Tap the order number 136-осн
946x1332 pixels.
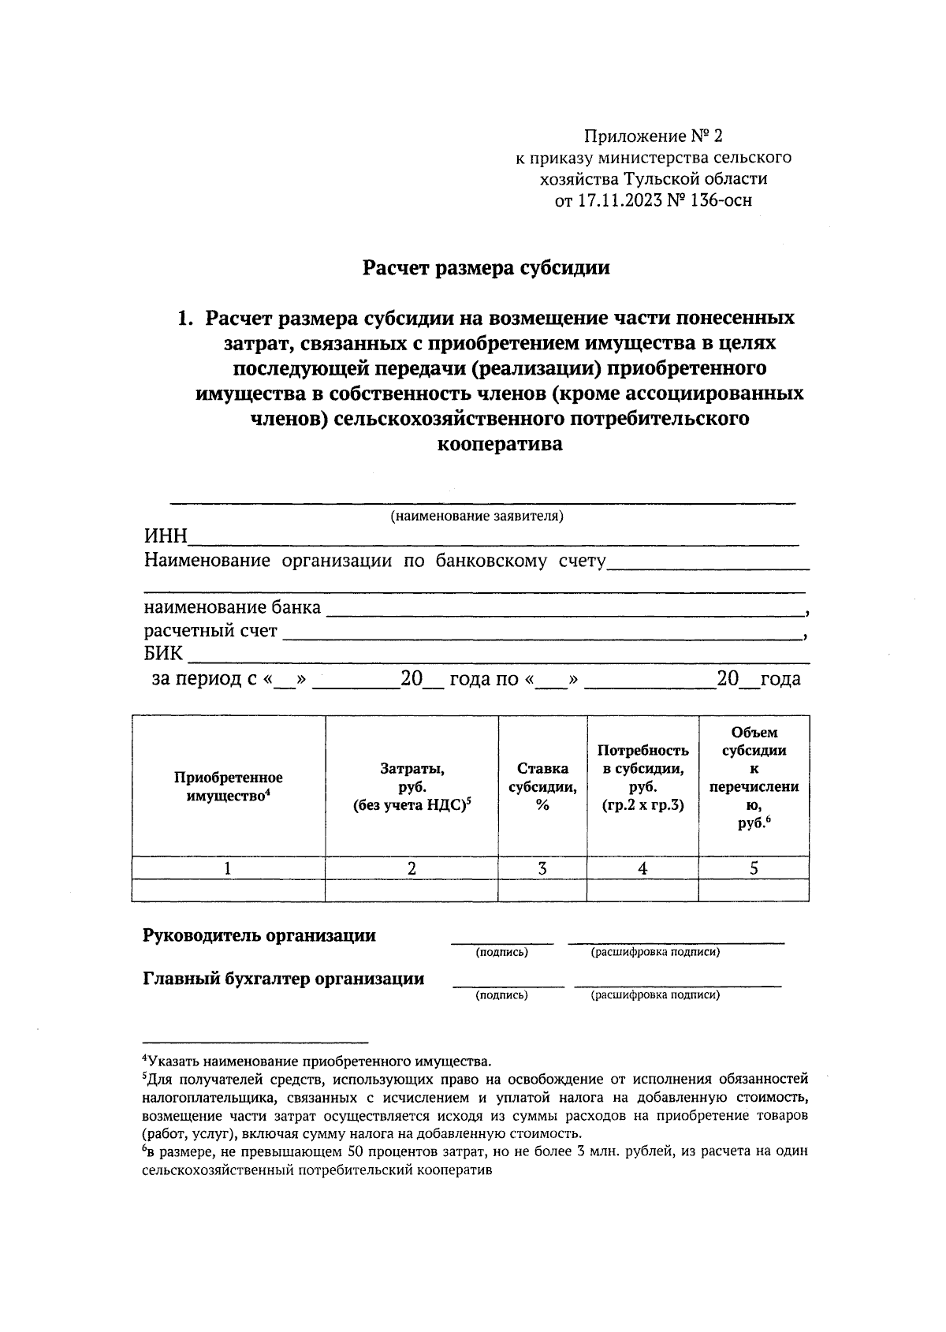(x=721, y=200)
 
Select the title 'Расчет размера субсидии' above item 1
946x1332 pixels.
(x=486, y=268)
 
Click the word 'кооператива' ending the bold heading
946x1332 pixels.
(x=500, y=444)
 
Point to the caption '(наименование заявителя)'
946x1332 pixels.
(x=477, y=517)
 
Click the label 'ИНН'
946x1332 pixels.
(x=166, y=537)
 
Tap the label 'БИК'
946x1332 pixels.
(x=163, y=654)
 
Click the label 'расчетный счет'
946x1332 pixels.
(x=210, y=631)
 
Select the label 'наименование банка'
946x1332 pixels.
(x=232, y=607)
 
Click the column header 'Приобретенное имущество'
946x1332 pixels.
(x=228, y=786)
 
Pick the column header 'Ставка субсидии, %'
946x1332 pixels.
(x=542, y=786)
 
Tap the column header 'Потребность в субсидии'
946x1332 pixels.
(x=642, y=778)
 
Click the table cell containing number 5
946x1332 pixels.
(x=754, y=868)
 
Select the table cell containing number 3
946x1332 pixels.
(x=542, y=868)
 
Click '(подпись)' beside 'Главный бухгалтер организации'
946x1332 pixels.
(x=501, y=995)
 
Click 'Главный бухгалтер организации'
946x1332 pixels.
(x=283, y=979)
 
